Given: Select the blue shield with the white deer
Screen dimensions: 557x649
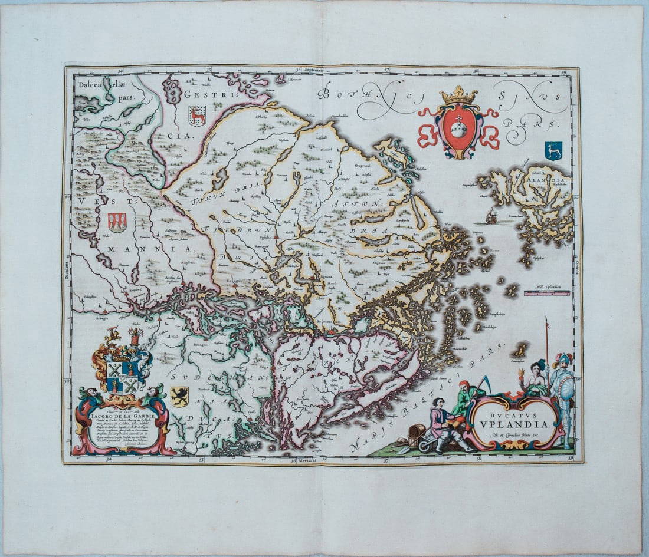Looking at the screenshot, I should point(553,150).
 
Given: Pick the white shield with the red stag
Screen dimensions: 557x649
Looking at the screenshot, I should point(197,116).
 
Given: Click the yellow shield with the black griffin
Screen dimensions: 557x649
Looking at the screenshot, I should point(179,396).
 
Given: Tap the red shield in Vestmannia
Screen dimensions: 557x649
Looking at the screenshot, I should point(117,222).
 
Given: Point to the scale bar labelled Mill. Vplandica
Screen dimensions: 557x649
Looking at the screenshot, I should point(546,292).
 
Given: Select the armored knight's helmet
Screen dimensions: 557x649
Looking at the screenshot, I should point(563,358).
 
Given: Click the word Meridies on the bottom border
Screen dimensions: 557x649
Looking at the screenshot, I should point(308,459).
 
